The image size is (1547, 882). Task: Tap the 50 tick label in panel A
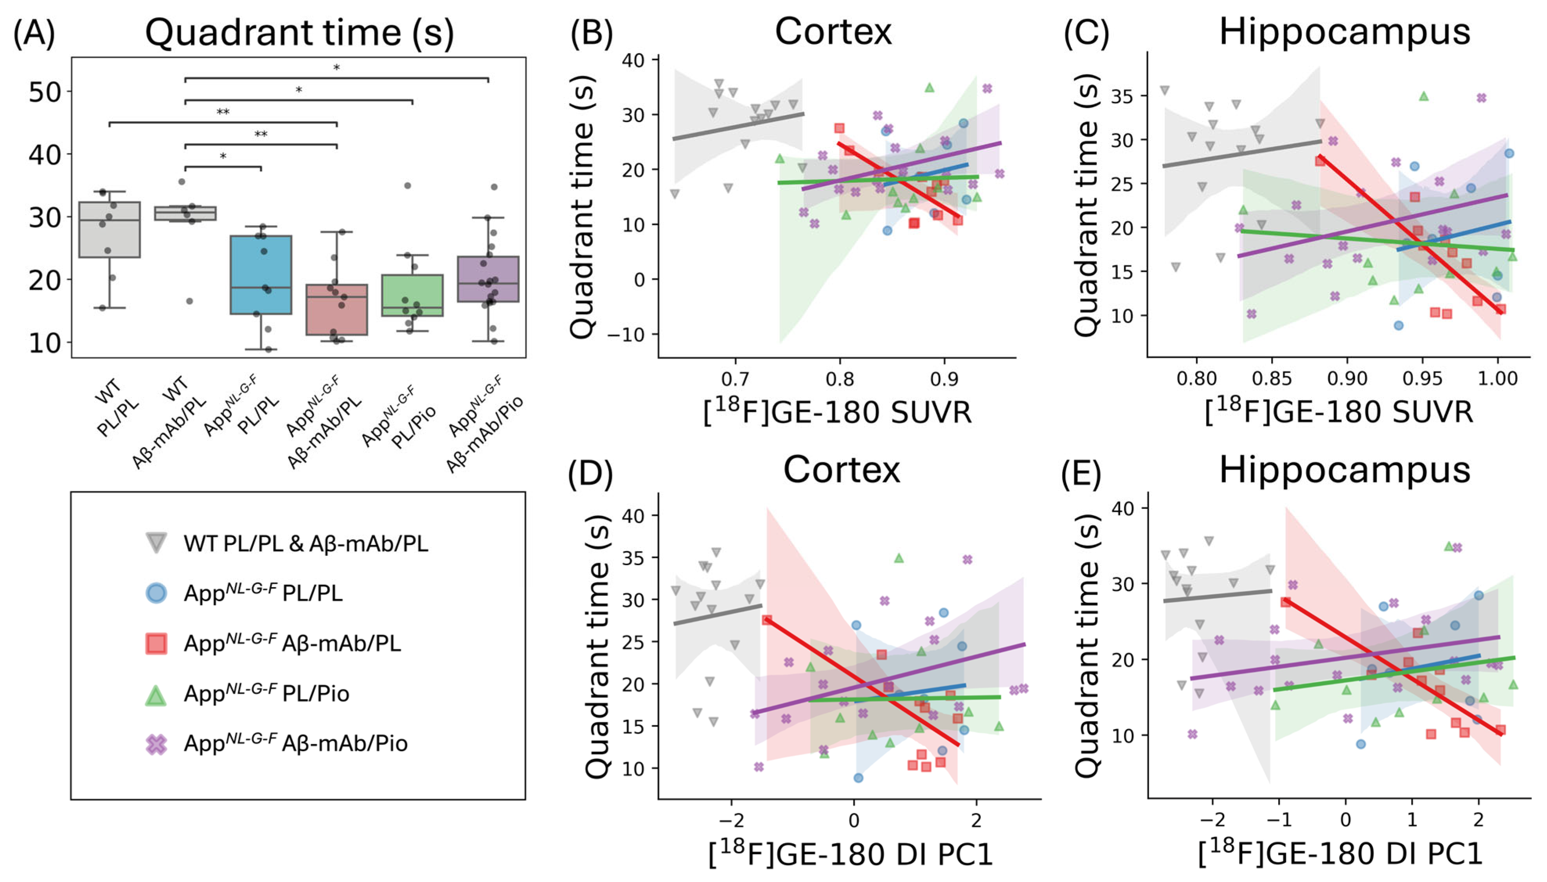pos(45,92)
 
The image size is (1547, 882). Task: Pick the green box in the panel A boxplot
pos(412,295)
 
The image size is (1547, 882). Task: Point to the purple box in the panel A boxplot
pos(488,278)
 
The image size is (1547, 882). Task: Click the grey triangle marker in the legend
pos(156,542)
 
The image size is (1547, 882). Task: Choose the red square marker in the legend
pos(156,643)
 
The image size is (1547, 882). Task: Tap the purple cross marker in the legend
pos(156,743)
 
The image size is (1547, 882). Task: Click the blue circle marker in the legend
pos(156,593)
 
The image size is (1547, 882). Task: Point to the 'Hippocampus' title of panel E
pos(1345,470)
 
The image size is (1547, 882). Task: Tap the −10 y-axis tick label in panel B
pos(627,334)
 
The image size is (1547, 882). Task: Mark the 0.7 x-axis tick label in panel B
pos(735,379)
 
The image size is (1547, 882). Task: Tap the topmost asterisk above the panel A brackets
pos(336,68)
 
